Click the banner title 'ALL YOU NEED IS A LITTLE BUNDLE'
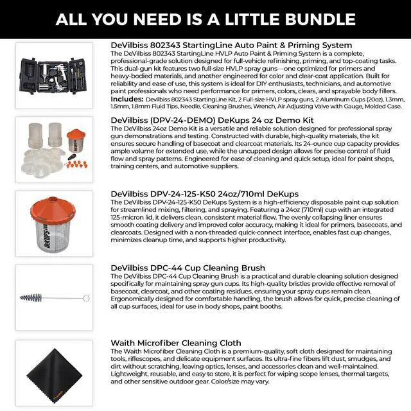tap(205, 19)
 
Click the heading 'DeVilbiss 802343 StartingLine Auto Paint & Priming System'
tap(231, 46)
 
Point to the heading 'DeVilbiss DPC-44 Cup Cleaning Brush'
tap(188, 268)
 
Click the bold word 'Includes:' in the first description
tap(127, 100)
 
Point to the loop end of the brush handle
tap(85, 297)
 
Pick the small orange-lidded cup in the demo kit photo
tap(76, 143)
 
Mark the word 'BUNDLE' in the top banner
tap(320, 19)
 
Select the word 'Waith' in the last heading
tap(126, 342)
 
